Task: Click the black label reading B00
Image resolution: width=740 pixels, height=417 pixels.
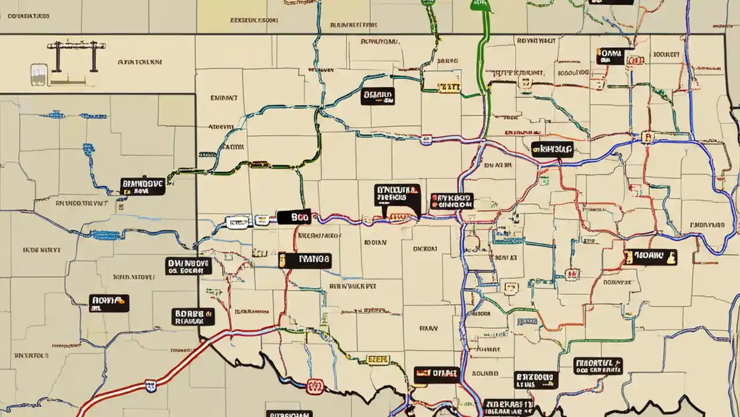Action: pos(294,217)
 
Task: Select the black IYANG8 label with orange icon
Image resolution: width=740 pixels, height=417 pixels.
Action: pos(305,260)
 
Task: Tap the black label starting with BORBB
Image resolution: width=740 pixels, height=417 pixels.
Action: pos(193,316)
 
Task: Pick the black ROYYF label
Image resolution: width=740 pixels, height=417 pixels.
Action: pos(109,303)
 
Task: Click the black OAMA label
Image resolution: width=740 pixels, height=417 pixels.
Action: pos(610,56)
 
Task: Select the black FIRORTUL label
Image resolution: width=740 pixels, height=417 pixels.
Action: pos(598,365)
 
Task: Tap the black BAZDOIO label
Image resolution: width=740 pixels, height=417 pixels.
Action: pos(536,380)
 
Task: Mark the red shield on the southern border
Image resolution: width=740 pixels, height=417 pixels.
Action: pos(315,386)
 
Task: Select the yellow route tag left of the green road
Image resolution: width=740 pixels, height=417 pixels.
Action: pos(449,87)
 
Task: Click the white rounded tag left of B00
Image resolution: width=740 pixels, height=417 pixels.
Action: pos(237,221)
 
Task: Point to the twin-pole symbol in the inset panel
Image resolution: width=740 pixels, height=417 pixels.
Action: pos(73,57)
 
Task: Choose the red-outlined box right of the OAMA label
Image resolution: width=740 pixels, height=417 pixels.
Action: pos(637,60)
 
